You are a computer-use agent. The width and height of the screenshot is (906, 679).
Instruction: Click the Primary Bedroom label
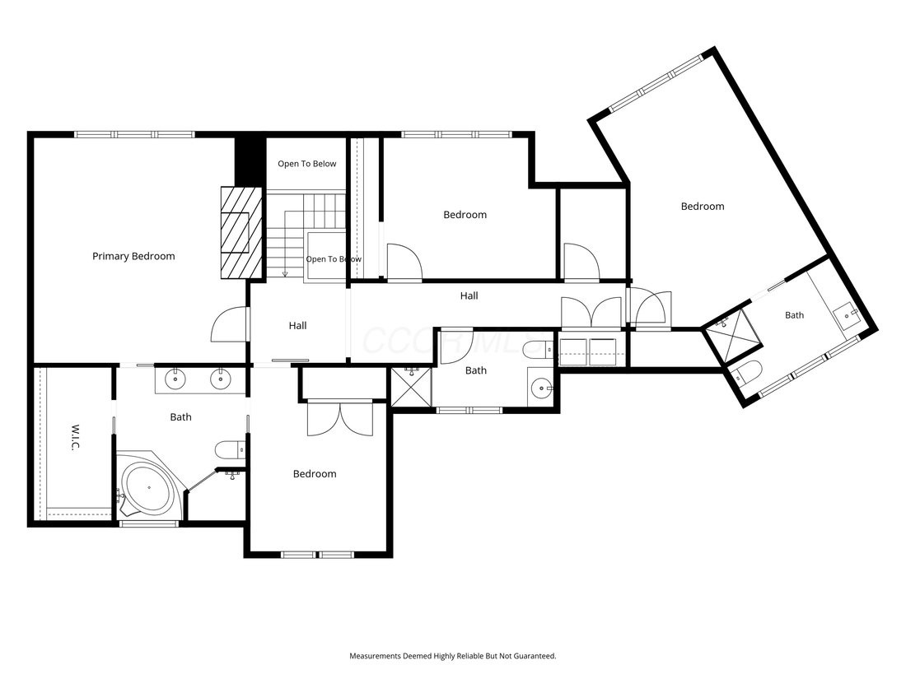tap(133, 256)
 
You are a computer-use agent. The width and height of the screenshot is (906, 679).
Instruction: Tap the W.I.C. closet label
tap(73, 438)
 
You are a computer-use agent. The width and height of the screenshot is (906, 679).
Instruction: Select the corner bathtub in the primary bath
tap(150, 486)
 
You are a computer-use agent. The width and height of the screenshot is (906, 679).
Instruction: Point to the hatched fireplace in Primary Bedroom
tap(242, 232)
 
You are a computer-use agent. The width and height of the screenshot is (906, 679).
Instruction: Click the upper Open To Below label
tap(307, 164)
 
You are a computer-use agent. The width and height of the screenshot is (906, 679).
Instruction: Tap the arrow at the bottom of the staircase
tap(285, 273)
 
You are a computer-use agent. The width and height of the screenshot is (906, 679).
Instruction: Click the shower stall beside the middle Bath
tap(411, 387)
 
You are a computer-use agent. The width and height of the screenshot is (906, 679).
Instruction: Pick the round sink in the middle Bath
tap(541, 387)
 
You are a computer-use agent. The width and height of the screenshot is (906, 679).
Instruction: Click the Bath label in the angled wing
tap(795, 315)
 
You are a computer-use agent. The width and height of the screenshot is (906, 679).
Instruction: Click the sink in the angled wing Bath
tap(848, 314)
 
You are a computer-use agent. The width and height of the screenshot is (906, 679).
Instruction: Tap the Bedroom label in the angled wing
tap(703, 206)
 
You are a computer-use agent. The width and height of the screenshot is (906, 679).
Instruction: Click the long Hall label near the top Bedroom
tap(469, 295)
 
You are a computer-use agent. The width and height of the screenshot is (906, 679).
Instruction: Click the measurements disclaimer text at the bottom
tap(453, 656)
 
